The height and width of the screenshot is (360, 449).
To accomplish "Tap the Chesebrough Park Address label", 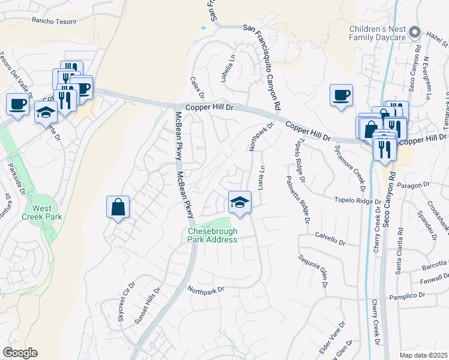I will click(x=213, y=235).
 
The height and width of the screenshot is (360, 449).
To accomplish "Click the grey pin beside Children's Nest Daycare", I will click(x=414, y=32).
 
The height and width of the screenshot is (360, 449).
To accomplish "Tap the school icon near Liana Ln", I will click(x=240, y=202).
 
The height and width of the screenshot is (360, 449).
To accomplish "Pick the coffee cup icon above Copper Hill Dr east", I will click(x=341, y=95).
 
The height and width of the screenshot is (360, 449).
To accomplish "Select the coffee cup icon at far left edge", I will click(x=17, y=104).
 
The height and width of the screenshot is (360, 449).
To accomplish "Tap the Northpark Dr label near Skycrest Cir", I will click(x=205, y=289).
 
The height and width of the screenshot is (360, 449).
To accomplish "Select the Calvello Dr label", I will click(x=330, y=239).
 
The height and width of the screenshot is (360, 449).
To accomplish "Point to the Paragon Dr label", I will click(x=411, y=187).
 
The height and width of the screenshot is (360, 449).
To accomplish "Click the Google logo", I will click(x=20, y=353).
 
